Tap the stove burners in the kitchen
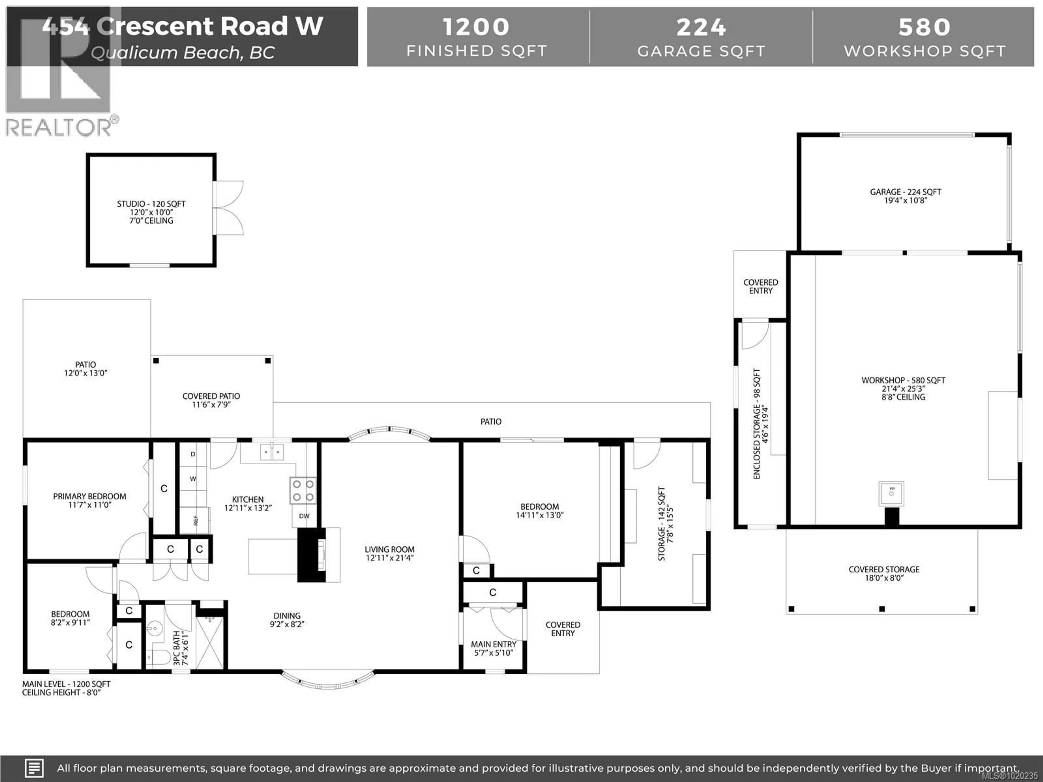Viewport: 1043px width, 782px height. (x=303, y=491)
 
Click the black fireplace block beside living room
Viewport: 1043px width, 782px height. (x=310, y=555)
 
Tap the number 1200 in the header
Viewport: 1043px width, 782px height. (x=476, y=27)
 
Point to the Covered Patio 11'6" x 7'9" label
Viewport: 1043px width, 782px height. (x=211, y=400)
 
